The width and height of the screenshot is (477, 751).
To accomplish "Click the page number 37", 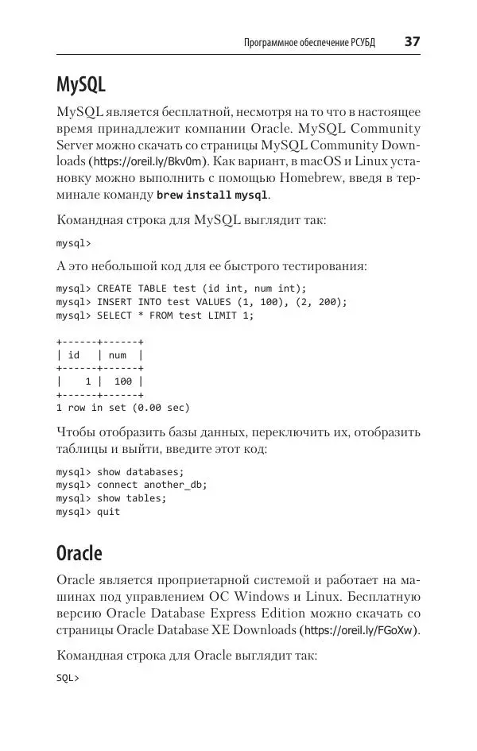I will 412,41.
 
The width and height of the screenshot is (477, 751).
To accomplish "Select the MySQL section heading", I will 81,83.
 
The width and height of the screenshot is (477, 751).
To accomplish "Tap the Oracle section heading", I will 79,552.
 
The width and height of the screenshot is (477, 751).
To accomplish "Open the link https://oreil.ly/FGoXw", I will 359,630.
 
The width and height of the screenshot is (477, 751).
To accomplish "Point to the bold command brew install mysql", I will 212,195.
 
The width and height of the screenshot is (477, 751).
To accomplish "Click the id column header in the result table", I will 74,355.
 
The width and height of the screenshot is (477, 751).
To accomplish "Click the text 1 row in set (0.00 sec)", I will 122,408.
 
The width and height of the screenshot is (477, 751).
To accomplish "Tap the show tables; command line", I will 111,498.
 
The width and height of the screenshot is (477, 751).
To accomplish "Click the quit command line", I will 88,512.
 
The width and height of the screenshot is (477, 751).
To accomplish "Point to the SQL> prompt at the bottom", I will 68,679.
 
